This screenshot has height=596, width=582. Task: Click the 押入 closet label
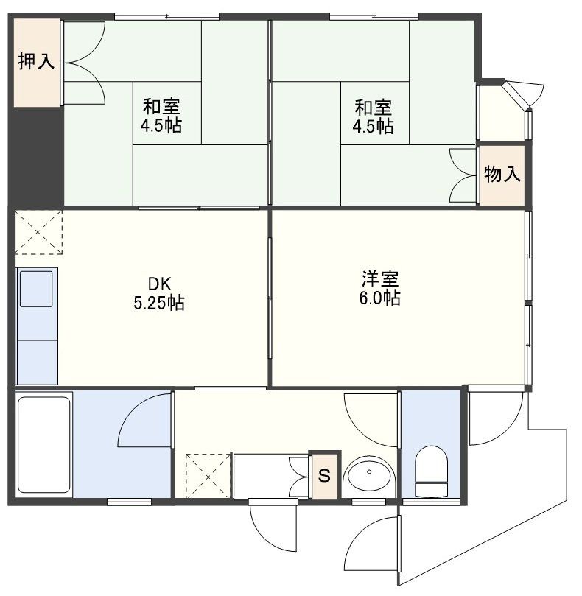coord(36,61)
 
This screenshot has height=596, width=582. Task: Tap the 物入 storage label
coord(502,175)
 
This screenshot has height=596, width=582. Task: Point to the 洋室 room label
coord(380,280)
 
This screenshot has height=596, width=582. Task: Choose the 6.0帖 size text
coord(381,299)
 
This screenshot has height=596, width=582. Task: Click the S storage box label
coord(324,475)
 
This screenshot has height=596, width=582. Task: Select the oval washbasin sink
coord(369,477)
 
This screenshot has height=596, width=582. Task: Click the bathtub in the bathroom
coord(43,446)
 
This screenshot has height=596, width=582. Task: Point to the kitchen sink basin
coord(36,288)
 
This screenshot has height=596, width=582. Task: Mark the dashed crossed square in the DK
coord(39,232)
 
